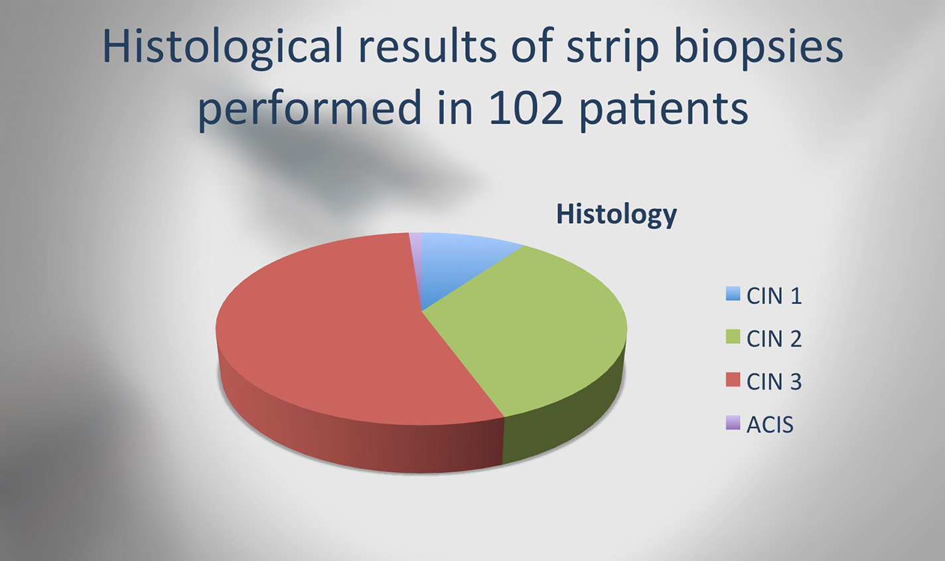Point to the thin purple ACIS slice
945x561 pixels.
(x=416, y=253)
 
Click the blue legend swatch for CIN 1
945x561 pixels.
(x=733, y=294)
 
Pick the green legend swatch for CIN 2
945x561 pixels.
(x=733, y=337)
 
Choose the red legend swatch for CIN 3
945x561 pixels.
(x=733, y=380)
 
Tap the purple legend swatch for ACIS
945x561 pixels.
(x=733, y=422)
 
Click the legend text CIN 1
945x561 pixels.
(x=774, y=295)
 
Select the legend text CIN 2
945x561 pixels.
(x=774, y=339)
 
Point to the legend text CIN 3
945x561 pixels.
(x=774, y=381)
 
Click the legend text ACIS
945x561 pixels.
(x=770, y=424)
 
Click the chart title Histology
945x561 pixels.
(x=617, y=215)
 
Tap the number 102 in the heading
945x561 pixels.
(x=526, y=108)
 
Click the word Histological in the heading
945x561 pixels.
(x=223, y=47)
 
